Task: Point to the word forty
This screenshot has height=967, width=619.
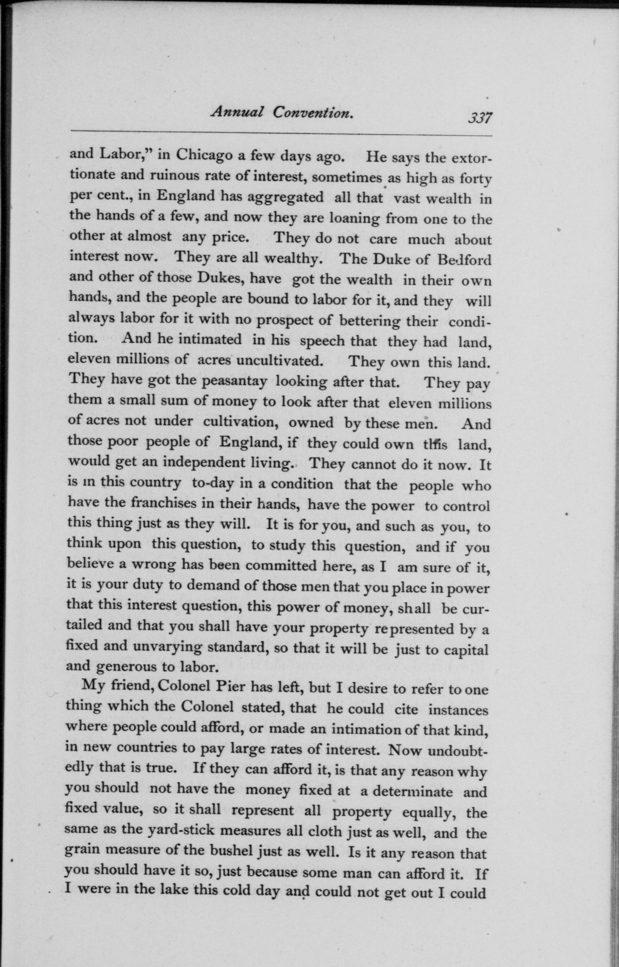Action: [x=475, y=179]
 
